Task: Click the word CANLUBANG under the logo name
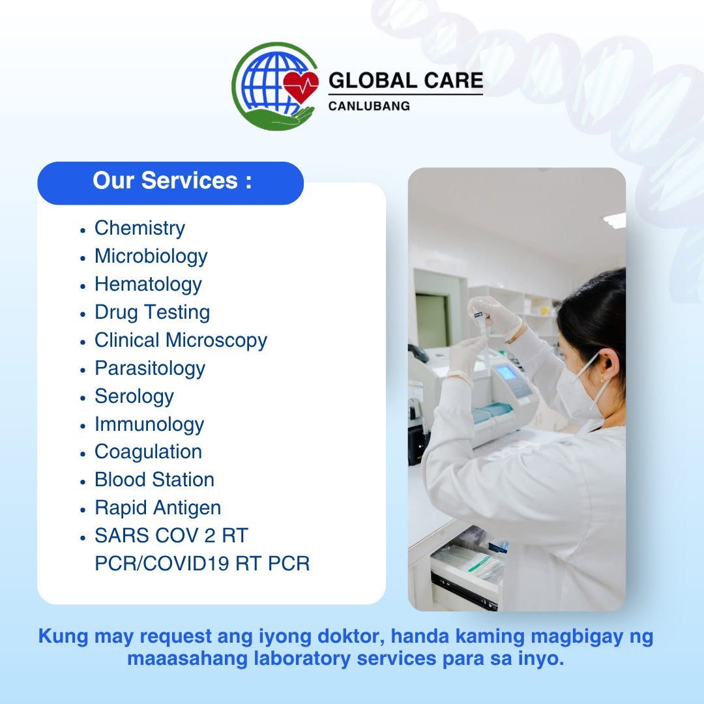click(369, 106)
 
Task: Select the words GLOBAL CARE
click(405, 81)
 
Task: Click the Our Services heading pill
click(171, 183)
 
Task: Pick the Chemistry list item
click(139, 228)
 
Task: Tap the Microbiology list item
click(151, 256)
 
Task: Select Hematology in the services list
click(148, 284)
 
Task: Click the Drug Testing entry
click(152, 312)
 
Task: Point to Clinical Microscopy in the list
click(181, 340)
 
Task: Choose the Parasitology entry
click(150, 368)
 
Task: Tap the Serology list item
click(134, 396)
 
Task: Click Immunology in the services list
click(149, 424)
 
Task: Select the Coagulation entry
click(148, 452)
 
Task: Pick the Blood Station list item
click(154, 480)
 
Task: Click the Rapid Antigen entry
click(158, 508)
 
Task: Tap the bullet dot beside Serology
click(83, 398)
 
